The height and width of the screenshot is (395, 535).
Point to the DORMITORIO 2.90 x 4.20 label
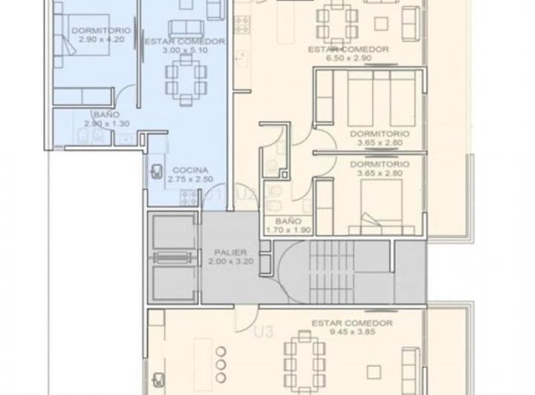pos(102,35)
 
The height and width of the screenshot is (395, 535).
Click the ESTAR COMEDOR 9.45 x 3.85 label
pos(351,328)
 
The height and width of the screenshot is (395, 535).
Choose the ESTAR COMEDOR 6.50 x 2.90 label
pos(348,53)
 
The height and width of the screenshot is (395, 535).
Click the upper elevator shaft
pos(173,235)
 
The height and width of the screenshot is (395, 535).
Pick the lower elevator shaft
pos(173,281)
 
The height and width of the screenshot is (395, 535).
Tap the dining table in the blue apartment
pos(187,78)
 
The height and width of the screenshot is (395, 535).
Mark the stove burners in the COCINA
pos(189,197)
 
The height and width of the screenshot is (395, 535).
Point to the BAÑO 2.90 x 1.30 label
pos(103,119)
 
